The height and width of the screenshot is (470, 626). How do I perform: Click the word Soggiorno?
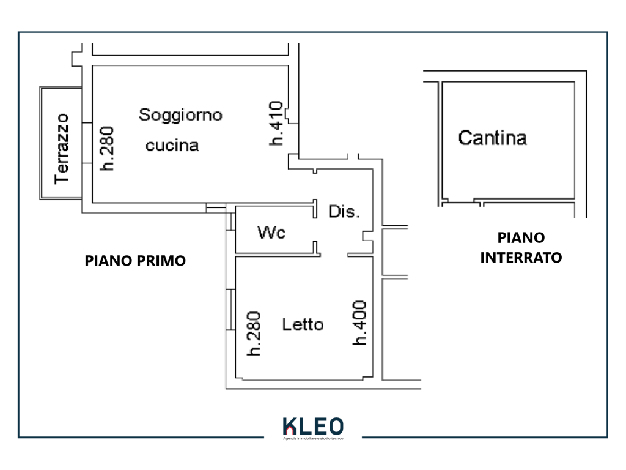[x=180, y=114]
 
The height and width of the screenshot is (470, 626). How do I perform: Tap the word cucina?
[x=172, y=146]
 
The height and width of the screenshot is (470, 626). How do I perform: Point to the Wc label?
[x=271, y=233]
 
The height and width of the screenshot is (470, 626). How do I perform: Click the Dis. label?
[x=344, y=212]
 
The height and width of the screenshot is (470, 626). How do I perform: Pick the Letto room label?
[x=303, y=324]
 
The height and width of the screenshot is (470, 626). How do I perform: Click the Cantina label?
[x=492, y=138]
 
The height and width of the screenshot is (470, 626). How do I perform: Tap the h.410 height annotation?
[x=276, y=123]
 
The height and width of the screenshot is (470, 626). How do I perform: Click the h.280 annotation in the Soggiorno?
[x=108, y=147]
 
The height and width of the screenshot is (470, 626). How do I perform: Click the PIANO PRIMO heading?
[x=135, y=261]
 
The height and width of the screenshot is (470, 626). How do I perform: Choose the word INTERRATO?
[x=521, y=258]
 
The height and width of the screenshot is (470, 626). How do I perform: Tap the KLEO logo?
[x=313, y=427]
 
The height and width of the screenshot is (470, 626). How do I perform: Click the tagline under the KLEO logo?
[x=314, y=439]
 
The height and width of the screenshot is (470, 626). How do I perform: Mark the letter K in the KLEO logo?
[x=289, y=427]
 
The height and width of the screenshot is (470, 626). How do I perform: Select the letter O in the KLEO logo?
[x=336, y=426]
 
